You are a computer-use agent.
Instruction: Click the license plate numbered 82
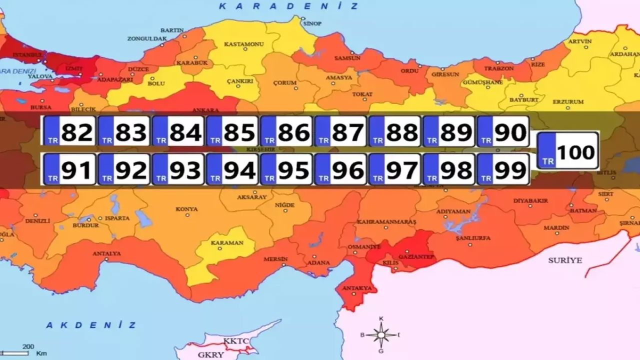coord(68,131)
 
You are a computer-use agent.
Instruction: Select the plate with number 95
coord(286,169)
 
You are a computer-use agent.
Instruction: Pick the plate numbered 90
coord(502,131)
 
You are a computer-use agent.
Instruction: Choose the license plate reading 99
coord(502,169)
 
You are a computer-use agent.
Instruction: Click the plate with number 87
coord(340,131)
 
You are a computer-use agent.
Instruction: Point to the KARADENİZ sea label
coord(289,6)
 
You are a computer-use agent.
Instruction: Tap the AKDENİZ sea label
coord(91,325)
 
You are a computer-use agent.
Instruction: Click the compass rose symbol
coord(381,334)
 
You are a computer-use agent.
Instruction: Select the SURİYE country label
coord(565,260)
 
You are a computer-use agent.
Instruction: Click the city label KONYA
coord(186,209)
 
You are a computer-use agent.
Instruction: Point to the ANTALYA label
coord(106,253)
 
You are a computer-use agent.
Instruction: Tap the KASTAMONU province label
coord(243,44)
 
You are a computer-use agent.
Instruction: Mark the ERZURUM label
coord(568,102)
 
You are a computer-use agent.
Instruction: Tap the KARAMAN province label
coord(226,243)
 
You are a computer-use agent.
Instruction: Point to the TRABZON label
coord(498,68)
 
